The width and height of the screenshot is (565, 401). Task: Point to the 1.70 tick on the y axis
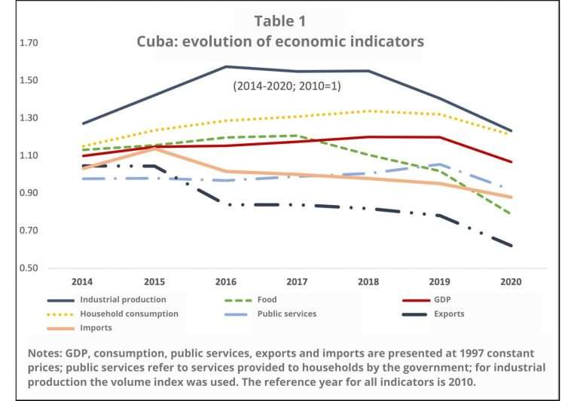coord(28,44)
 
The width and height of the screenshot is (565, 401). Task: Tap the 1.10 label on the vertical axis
coord(28,156)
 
